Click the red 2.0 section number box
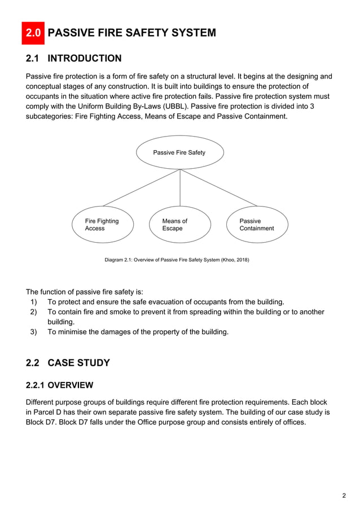(33, 33)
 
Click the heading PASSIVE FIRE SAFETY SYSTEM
(131, 33)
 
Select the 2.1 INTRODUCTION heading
(73, 59)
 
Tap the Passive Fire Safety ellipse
(179, 152)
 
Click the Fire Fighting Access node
(102, 225)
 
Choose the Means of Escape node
(179, 225)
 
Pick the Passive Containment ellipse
(257, 225)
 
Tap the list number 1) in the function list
(34, 302)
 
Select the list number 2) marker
(34, 312)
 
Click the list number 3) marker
(34, 332)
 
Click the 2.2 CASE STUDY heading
(68, 363)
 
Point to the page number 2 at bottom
(344, 496)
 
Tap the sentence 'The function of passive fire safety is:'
(85, 292)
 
